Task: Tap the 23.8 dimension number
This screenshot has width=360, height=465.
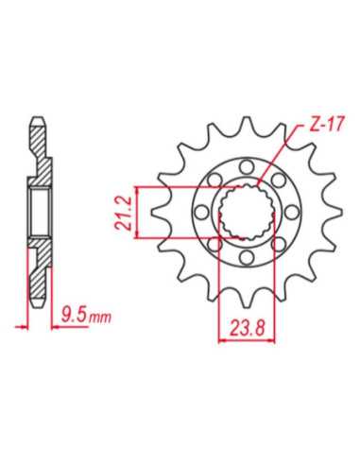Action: tap(248, 329)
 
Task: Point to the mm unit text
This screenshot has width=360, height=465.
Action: tap(100, 319)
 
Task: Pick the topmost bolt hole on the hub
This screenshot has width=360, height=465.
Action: tap(247, 166)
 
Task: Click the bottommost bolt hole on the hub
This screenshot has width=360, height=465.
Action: tap(247, 257)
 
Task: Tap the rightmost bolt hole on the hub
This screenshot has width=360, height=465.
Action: tap(293, 212)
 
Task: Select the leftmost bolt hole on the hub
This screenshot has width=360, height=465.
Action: tap(201, 212)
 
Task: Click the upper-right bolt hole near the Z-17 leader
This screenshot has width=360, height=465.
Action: tap(279, 180)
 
